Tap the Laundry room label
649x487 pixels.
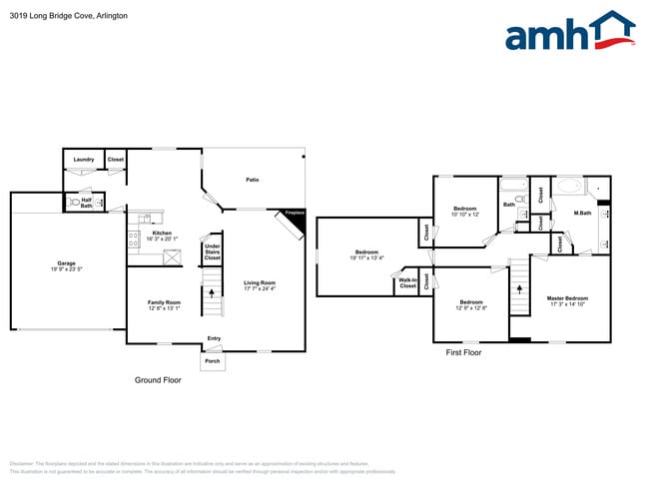[83, 159]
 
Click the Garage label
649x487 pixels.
[66, 263]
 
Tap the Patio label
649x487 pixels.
[253, 180]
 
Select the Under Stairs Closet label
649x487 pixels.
[212, 251]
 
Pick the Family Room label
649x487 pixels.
[165, 302]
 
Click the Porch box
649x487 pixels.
[212, 361]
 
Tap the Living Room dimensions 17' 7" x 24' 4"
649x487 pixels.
[261, 289]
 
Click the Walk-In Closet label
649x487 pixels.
[407, 283]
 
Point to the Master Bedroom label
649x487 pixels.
[567, 298]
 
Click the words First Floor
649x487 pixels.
[463, 353]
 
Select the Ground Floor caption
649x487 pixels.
[158, 380]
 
